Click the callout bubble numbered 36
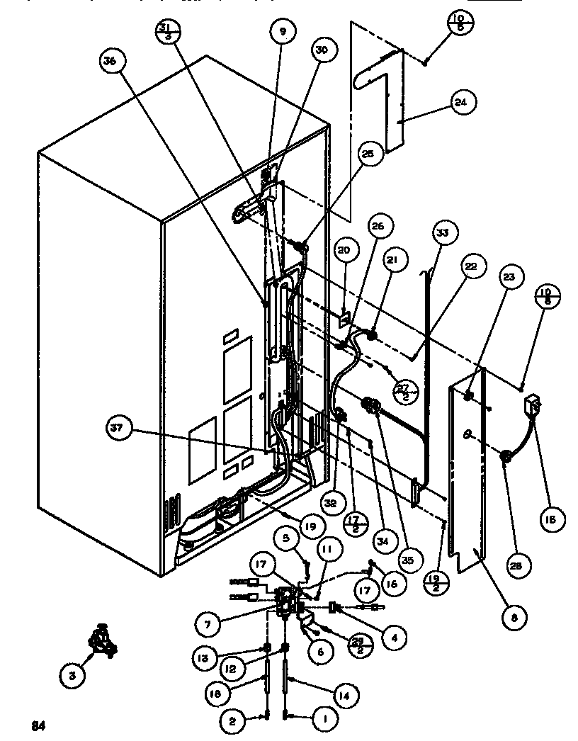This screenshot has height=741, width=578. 109,62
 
